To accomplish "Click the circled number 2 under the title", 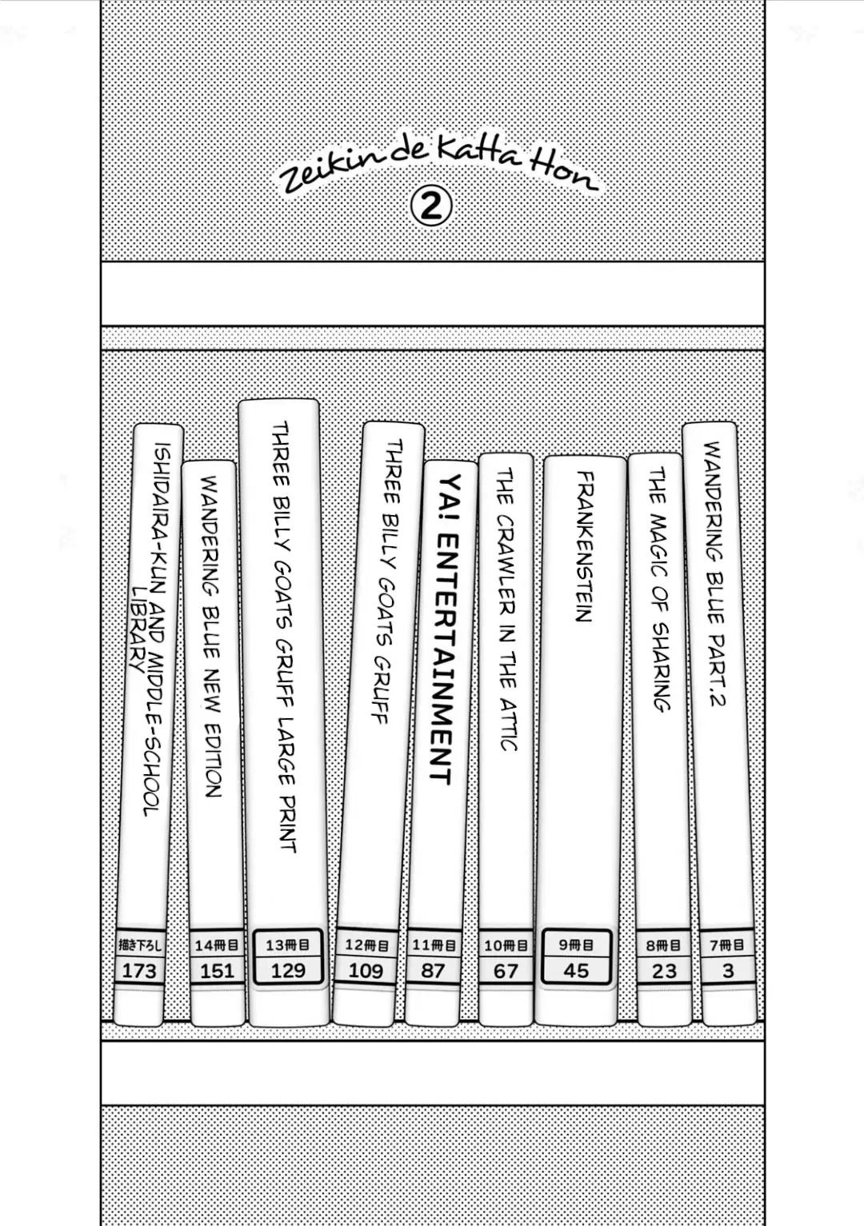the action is (x=431, y=207).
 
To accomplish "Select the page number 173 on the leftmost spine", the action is (x=139, y=971).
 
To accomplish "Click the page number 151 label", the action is (x=217, y=971).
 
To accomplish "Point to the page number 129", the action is (x=288, y=970).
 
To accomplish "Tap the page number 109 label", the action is (x=366, y=971).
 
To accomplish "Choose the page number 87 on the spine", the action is (x=433, y=971).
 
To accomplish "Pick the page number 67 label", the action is (x=506, y=971).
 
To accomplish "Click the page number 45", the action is (x=576, y=971).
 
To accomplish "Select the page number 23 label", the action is (x=664, y=971).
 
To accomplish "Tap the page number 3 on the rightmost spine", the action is (x=728, y=970).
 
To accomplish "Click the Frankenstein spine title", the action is (x=584, y=546).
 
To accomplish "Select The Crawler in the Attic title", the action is (x=506, y=609).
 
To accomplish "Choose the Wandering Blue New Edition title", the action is (x=211, y=637).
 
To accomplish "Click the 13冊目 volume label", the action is (x=287, y=945).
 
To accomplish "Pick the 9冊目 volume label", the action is (x=576, y=944).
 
